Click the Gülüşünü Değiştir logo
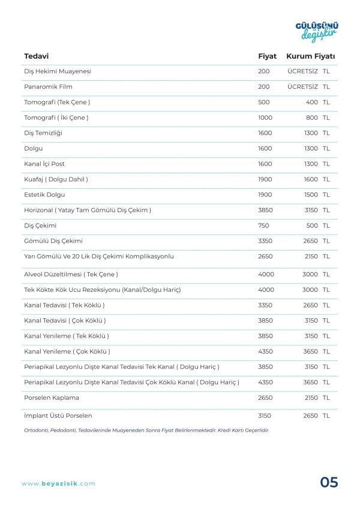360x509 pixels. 316,31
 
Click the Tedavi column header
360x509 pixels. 36,56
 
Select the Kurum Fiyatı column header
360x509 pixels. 310,56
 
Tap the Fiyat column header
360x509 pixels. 267,56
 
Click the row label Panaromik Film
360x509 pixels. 48,87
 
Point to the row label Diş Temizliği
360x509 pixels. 43,133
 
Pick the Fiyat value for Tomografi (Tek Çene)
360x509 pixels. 264,103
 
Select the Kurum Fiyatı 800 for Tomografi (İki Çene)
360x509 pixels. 312,118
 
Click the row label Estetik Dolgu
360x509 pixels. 44,195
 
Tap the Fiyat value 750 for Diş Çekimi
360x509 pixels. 263,226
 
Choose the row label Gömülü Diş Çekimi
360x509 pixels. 53,241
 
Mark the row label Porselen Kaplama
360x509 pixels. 52,397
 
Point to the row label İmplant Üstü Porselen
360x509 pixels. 58,415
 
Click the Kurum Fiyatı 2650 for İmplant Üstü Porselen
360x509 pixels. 310,415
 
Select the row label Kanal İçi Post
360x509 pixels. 44,164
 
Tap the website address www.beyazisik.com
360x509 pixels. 58,484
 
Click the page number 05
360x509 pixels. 329,483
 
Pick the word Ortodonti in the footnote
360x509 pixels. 37,430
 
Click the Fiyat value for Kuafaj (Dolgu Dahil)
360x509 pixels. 265,179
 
